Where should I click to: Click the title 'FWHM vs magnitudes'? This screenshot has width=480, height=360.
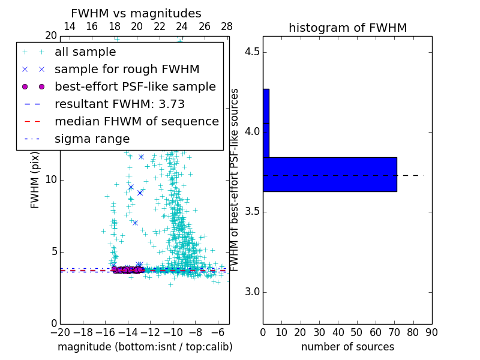pos(136,14)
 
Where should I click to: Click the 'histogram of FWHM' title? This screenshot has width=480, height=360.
pos(347,28)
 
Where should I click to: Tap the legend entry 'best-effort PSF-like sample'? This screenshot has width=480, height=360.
pos(135,87)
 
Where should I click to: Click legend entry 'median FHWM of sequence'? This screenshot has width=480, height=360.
pos(136,122)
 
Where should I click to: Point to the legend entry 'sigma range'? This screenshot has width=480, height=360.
pos(92,139)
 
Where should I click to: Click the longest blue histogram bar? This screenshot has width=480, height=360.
pos(329,175)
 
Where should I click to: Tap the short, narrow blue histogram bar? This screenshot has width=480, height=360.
pos(266,123)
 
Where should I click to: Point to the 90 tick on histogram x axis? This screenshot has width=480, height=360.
pos(431,332)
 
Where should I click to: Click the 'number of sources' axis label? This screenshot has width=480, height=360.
pos(347,347)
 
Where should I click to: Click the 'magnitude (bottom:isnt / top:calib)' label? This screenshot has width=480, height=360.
pos(145,347)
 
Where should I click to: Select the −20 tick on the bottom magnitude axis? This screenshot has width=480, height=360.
pos(60,332)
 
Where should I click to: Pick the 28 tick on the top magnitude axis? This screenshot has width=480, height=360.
pos(227,26)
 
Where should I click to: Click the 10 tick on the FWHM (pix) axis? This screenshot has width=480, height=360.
pos(50,180)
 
